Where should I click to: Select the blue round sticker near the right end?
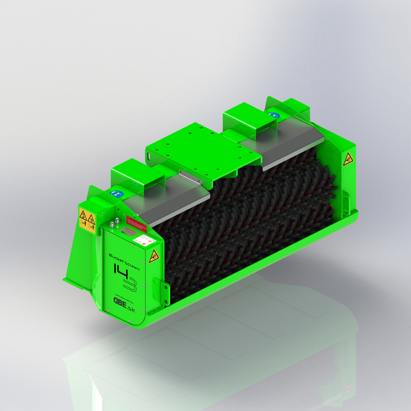point(273,115)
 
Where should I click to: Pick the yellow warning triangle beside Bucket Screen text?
point(152,257)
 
